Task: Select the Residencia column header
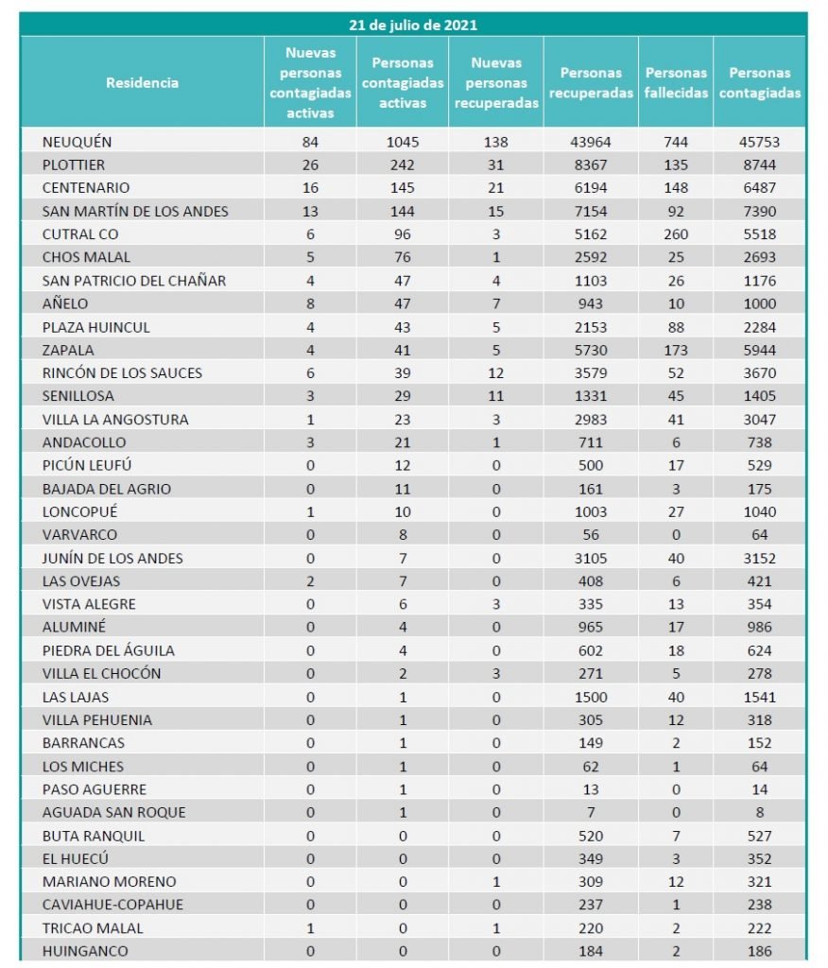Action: coord(142,82)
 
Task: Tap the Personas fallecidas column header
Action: coord(676,82)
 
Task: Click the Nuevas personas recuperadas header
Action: coord(496,82)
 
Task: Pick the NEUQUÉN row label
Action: coord(77,142)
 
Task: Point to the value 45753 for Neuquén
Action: coord(765,142)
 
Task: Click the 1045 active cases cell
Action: coord(403,142)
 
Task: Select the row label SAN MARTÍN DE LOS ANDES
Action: coord(135,211)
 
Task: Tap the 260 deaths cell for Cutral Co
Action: coord(676,234)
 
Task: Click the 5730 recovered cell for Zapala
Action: coord(590,350)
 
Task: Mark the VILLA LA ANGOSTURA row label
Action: coord(115,419)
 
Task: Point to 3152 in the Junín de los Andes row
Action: coord(765,558)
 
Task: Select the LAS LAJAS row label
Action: coord(76,697)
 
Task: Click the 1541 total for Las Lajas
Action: coord(765,697)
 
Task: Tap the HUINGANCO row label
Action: coord(85,951)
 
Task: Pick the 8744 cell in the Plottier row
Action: coord(765,164)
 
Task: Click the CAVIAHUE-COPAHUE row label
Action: coord(112,905)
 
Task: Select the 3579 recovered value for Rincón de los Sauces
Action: coord(590,372)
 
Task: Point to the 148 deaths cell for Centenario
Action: coord(676,188)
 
